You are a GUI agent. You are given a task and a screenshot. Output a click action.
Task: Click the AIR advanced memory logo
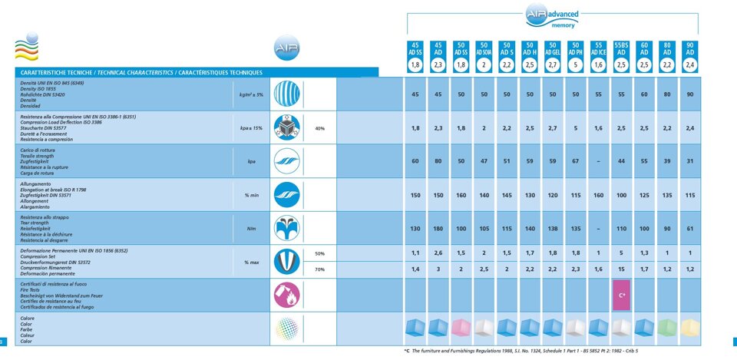[x=553, y=16]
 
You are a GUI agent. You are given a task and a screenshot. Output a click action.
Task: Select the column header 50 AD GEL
[x=553, y=48]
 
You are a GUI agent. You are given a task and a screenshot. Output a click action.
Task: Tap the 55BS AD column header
[x=622, y=48]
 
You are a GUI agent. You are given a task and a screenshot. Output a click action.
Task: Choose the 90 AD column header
[x=690, y=48]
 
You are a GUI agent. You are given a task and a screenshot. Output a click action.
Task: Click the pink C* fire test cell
[x=622, y=296]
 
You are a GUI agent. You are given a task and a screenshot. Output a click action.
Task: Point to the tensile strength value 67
[x=576, y=161]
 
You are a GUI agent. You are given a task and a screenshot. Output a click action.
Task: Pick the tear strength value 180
[x=438, y=229]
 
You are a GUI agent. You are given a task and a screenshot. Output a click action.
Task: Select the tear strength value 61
[x=690, y=229]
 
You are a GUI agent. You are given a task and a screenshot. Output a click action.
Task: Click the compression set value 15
[x=622, y=269]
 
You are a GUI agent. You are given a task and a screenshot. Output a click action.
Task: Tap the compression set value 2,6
[x=438, y=253]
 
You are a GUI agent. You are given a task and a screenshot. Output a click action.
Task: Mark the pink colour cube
[x=461, y=328]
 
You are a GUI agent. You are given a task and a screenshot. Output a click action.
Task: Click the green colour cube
[x=668, y=328]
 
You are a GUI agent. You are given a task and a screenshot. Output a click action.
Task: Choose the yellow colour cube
[x=690, y=328]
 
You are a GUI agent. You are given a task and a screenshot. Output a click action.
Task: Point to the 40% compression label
[x=320, y=128]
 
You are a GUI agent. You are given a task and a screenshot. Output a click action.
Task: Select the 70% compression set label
[x=320, y=269]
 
